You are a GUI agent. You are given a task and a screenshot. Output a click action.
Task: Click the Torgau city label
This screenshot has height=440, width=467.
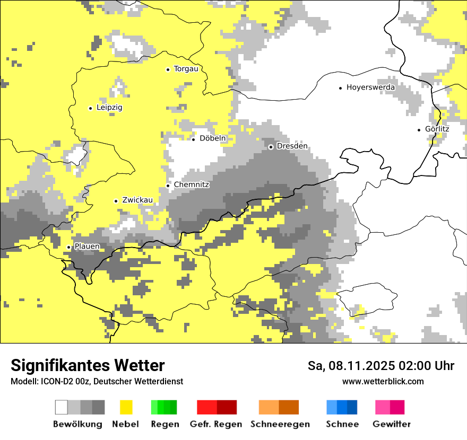186,69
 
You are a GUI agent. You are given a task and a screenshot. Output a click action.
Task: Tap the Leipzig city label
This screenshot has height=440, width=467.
109,108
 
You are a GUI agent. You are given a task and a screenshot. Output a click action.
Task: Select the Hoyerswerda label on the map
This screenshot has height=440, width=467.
370,87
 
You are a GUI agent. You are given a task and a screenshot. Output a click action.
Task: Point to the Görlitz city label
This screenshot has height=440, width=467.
437,129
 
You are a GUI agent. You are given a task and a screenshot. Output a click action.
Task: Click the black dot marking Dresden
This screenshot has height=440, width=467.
271,147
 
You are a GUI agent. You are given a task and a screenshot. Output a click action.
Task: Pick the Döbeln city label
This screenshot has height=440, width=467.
212,138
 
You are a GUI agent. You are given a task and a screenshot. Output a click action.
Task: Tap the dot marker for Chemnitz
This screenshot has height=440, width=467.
168,186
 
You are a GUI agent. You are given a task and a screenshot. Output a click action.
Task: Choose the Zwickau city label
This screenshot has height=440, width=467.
137,200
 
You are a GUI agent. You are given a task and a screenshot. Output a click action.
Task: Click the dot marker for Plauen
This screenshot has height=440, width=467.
68,247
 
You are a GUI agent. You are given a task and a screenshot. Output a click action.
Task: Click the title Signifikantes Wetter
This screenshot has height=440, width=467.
88,366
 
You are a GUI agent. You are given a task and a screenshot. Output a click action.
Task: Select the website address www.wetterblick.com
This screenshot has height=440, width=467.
383,381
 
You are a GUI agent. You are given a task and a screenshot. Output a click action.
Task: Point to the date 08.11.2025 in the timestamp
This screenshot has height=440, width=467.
359,366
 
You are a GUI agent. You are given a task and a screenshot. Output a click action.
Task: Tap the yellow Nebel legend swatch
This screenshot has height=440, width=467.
126,407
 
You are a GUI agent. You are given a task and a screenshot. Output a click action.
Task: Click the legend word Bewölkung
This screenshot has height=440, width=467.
77,424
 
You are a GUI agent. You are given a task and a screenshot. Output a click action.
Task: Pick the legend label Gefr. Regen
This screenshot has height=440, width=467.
216,424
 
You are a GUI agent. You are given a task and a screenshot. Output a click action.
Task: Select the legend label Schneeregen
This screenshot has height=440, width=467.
280,424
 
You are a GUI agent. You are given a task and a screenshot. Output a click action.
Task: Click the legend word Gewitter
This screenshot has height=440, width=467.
392,424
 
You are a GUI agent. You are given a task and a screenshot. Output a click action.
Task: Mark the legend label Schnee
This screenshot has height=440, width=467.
342,424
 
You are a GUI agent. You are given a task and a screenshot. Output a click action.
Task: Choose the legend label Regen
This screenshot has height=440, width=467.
165,424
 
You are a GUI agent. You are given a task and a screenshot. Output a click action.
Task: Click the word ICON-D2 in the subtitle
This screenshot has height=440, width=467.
52,382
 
